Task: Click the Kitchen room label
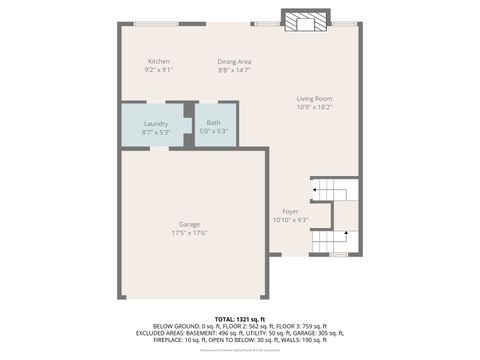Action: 159,61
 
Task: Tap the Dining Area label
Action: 234,61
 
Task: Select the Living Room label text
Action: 313,98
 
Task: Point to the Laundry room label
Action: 155,123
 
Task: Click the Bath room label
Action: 214,123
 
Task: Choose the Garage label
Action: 190,224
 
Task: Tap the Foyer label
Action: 290,211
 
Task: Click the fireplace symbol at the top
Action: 303,22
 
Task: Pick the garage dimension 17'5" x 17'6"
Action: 190,233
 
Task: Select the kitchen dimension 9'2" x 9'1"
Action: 159,70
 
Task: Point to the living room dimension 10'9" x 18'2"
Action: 313,107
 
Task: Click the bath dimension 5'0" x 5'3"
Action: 214,131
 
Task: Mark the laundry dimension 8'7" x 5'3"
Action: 155,131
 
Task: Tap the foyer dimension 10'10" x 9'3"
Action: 290,220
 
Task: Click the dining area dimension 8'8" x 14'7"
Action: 234,70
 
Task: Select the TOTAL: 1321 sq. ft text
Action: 239,318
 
